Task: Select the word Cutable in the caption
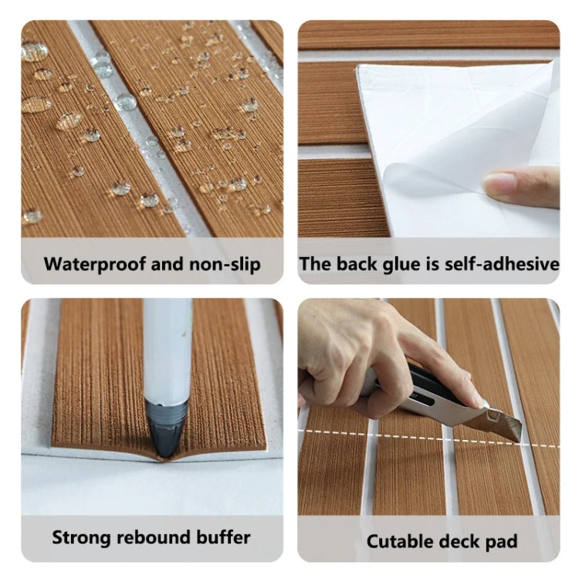(x=398, y=540)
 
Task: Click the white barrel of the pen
(x=168, y=347)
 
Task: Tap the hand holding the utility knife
(x=347, y=347)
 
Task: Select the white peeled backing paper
(x=448, y=124)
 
